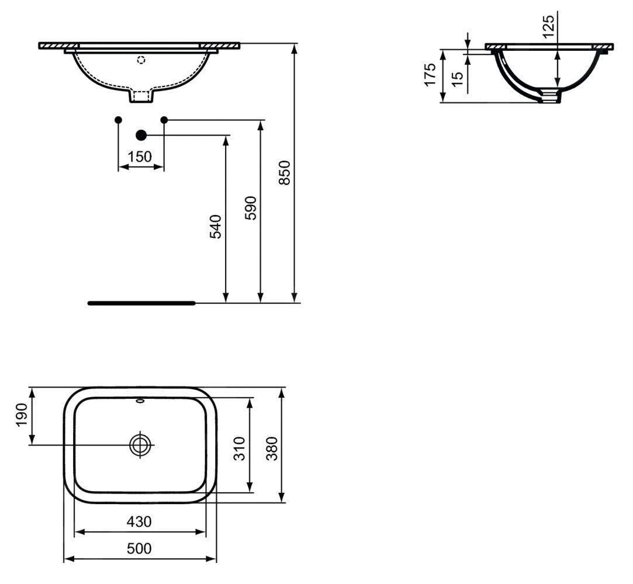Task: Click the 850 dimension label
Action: point(285,173)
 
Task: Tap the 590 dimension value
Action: point(251,208)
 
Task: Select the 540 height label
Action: point(216,227)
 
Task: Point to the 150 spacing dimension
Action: point(140,156)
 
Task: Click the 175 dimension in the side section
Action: point(430,74)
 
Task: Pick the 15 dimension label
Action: point(458,79)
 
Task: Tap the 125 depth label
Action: point(549,27)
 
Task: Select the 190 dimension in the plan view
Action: point(22,415)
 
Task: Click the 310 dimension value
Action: point(240,449)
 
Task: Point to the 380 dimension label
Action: point(272,449)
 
